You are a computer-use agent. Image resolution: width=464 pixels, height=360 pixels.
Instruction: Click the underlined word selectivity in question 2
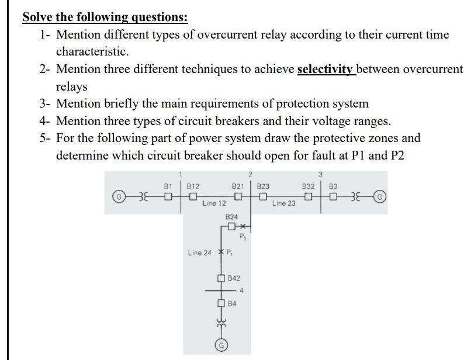coord(326,70)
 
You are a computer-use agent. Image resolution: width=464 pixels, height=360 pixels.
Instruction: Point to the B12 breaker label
coord(193,186)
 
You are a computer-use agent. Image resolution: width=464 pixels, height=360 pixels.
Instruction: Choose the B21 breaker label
coord(238,186)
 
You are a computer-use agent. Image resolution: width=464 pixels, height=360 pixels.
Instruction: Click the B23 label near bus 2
coord(263,186)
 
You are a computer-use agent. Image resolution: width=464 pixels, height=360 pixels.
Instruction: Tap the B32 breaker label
coord(309,186)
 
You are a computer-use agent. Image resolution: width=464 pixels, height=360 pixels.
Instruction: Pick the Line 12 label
coord(214,204)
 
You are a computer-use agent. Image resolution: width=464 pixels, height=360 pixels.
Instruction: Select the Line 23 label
coord(283,204)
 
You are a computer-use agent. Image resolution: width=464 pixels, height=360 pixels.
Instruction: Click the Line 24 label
coord(200,253)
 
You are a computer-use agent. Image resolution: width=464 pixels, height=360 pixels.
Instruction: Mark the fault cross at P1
coord(220,252)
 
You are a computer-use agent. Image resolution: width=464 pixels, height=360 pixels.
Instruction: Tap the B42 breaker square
coord(221,278)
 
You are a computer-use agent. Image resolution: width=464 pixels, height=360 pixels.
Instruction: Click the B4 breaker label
coord(232,304)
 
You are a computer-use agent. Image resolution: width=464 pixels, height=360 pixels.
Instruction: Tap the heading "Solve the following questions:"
coord(105,17)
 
